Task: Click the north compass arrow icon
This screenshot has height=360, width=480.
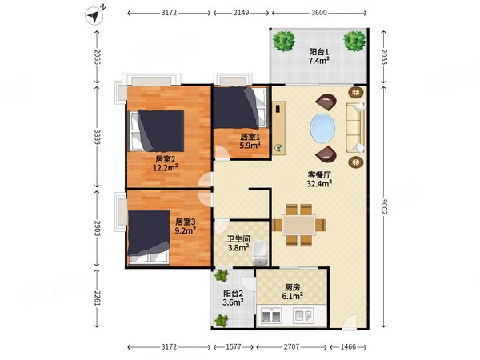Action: click(94, 16)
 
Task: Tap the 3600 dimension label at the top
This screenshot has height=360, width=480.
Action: click(319, 13)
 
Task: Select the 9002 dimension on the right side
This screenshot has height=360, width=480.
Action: click(385, 206)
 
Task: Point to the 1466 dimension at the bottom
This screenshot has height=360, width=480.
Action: click(348, 347)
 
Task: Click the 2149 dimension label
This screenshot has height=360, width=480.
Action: click(242, 13)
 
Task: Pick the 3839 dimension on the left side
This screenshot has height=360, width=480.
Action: click(97, 137)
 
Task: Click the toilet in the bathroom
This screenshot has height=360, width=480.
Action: click(260, 253)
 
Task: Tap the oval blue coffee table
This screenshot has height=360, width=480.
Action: click(322, 127)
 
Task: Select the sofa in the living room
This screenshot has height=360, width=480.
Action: click(355, 128)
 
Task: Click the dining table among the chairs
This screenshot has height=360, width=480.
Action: click(299, 225)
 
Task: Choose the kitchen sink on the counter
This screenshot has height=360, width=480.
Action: click(303, 315)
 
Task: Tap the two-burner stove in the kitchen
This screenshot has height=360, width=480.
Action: click(271, 316)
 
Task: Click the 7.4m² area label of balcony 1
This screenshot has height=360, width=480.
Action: click(319, 61)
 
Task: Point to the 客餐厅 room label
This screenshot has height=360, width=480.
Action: click(319, 175)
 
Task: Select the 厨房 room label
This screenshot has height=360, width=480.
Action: click(292, 287)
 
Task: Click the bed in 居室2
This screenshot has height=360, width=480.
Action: click(157, 131)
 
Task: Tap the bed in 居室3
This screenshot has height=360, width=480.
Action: click(149, 237)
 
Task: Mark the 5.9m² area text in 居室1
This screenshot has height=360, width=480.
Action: click(250, 146)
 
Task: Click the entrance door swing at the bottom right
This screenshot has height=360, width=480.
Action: click(350, 322)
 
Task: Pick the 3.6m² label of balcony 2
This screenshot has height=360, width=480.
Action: click(234, 302)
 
